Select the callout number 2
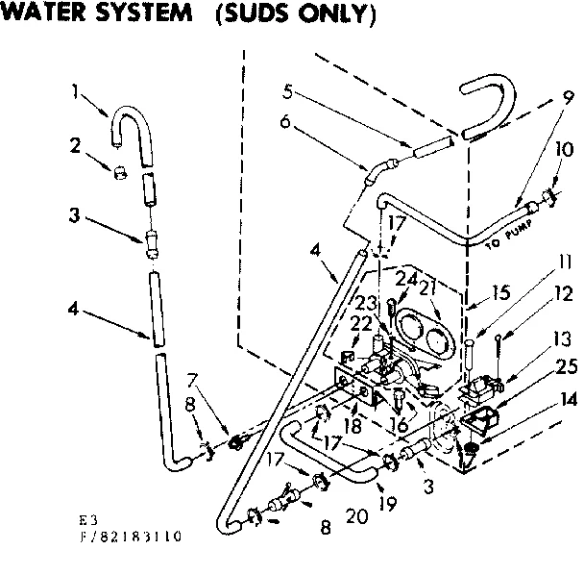coord(75,146)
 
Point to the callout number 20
coord(356,517)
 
